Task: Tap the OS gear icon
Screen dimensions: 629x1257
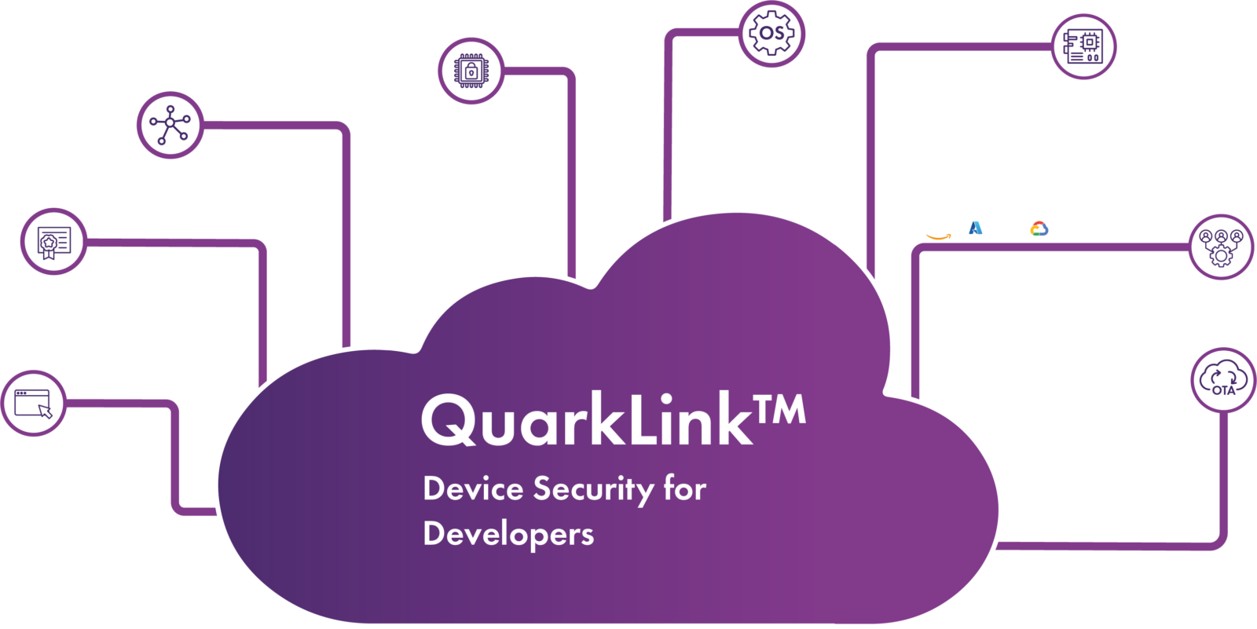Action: [x=772, y=34]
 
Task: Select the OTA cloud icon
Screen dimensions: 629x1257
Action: [x=1222, y=380]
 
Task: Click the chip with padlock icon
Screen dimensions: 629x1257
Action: [x=471, y=71]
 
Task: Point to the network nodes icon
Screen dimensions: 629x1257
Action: [x=170, y=125]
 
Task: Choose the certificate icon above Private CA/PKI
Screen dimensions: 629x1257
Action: [x=53, y=242]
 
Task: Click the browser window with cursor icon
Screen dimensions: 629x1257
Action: [x=33, y=404]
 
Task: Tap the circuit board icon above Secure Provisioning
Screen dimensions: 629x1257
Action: [x=1084, y=46]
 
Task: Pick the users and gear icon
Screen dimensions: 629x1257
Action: [x=1221, y=247]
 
